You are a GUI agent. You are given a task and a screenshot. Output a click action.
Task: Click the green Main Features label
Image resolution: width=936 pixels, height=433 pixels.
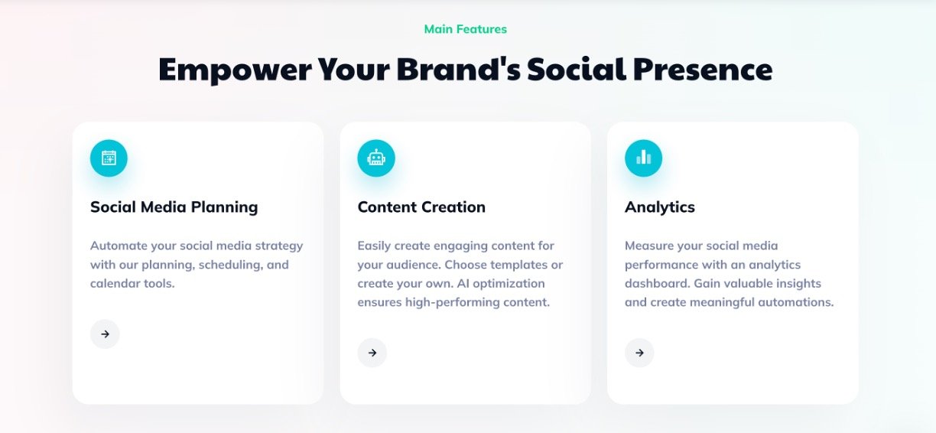[x=466, y=29]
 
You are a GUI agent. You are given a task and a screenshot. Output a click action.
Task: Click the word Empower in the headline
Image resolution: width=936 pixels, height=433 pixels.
[x=236, y=70]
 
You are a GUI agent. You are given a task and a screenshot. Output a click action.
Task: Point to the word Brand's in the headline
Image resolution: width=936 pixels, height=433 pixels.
[x=458, y=69]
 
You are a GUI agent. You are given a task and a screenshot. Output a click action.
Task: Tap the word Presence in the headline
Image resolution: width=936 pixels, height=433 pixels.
[x=703, y=69]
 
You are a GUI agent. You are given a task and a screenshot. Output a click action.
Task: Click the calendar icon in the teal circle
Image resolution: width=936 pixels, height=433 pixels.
[x=109, y=158]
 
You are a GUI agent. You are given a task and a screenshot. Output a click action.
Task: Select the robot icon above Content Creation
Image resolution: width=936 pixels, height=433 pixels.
[x=376, y=158]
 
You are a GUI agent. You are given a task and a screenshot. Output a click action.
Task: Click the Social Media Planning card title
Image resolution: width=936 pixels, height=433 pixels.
[x=174, y=207]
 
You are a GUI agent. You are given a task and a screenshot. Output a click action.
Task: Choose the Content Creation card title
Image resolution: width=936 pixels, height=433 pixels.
[x=421, y=207]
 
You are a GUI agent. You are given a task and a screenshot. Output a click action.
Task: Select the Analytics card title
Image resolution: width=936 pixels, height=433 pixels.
[x=660, y=207]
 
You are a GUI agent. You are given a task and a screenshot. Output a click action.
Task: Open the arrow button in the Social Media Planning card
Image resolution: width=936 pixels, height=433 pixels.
[x=105, y=334]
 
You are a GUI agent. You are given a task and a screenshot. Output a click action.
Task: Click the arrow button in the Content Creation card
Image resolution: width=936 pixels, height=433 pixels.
[x=372, y=353]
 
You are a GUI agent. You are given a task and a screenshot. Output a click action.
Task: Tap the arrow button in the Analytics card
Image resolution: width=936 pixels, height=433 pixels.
[x=639, y=353]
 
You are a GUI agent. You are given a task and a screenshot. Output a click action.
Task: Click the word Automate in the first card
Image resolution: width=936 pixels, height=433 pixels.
[x=119, y=246]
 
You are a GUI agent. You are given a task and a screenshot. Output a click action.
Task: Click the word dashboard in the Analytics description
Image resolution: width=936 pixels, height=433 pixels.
[x=658, y=283]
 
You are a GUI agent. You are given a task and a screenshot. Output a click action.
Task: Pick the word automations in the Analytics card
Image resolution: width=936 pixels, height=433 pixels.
[x=796, y=302]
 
